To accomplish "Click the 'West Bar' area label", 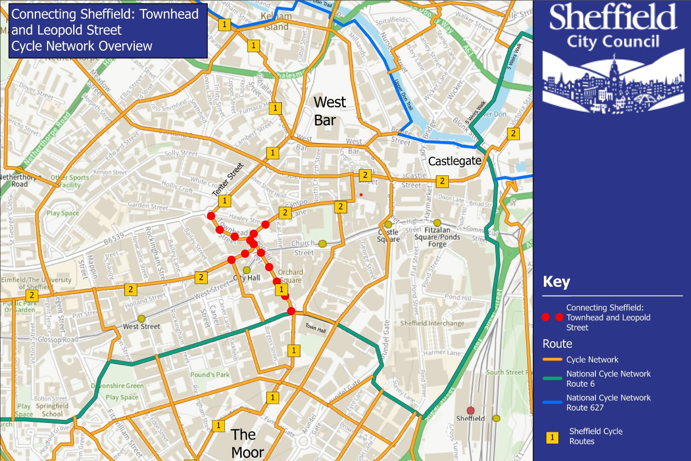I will (x=329, y=111).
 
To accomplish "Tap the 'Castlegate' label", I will (x=454, y=161).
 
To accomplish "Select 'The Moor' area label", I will (x=244, y=443).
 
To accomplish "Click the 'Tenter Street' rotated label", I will (x=228, y=179).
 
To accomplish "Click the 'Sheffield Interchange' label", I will (x=432, y=323).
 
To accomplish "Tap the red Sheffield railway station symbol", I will (x=470, y=410).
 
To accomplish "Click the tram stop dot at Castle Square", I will (x=388, y=224).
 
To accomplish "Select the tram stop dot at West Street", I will (x=141, y=318).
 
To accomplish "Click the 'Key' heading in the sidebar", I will (x=556, y=282).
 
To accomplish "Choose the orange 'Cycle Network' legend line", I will (x=553, y=360).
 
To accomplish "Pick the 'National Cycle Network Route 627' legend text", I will (x=608, y=403).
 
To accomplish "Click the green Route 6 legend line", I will (x=553, y=374).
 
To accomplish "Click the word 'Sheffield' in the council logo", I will (x=613, y=18).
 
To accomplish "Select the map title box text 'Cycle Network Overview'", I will (x=82, y=46).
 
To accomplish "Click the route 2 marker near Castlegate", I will (x=442, y=181).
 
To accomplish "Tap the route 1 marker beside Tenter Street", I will (x=224, y=200).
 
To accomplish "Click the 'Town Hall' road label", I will (x=315, y=327).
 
